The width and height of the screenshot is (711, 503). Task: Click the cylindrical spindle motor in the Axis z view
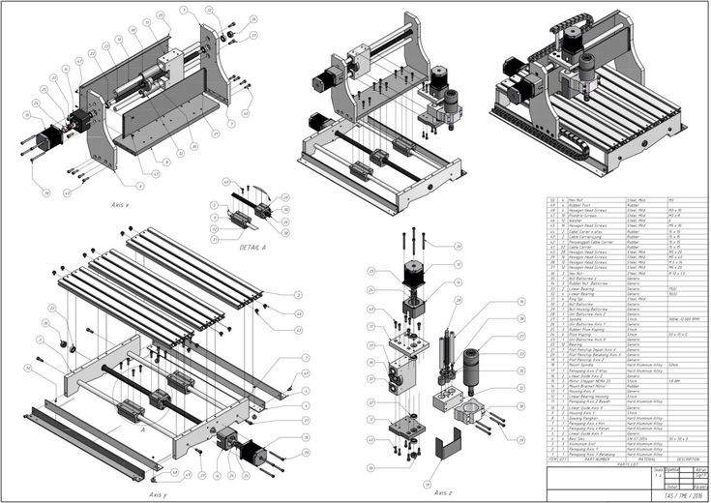pyautogui.click(x=477, y=369)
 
